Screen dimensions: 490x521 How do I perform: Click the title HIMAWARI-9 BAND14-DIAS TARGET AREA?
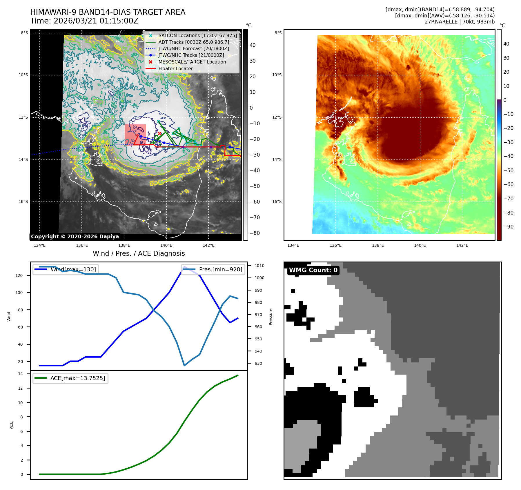[108, 12]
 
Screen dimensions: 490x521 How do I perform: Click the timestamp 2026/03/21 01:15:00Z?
[96, 21]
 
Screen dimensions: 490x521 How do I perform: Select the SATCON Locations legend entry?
[197, 35]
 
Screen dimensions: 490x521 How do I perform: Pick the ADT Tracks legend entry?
[193, 42]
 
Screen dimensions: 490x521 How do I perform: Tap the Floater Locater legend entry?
[175, 68]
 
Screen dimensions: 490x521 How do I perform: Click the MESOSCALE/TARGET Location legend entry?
[192, 62]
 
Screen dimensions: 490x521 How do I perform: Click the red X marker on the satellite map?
[159, 133]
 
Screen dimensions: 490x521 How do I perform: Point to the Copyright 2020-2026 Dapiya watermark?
[75, 237]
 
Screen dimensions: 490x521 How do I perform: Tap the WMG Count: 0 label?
[313, 270]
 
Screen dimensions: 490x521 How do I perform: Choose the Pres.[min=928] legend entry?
[220, 269]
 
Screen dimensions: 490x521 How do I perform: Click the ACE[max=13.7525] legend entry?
[77, 378]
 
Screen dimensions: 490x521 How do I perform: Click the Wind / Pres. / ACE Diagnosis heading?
[139, 253]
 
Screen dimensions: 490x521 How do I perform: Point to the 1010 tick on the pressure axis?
[259, 266]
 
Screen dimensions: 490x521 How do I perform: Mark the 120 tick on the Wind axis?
[19, 275]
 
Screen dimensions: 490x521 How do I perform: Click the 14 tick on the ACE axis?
[20, 374]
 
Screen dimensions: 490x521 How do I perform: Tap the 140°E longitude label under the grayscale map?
[166, 245]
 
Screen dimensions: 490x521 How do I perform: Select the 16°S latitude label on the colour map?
[277, 202]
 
